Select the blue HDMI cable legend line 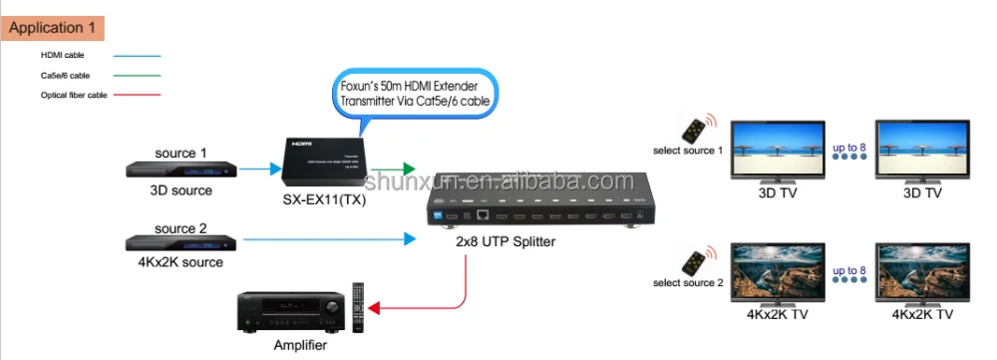tap(138, 56)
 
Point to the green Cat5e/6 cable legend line tap(138, 75)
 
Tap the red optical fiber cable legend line tap(138, 95)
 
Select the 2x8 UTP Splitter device tap(536, 210)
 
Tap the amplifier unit tap(290, 311)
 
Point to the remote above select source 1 tap(694, 128)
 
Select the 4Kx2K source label tap(180, 263)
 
